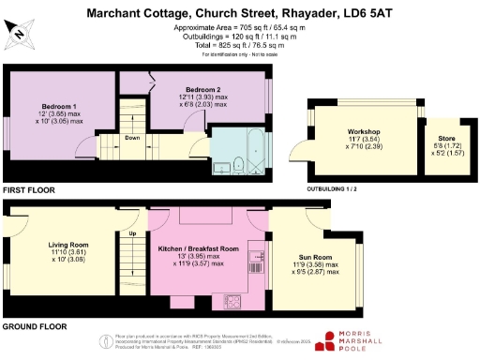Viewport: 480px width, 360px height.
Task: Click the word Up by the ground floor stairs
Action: coord(132,233)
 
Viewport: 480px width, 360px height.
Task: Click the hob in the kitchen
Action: coord(232,299)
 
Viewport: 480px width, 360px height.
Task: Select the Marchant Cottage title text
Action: coord(240,13)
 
